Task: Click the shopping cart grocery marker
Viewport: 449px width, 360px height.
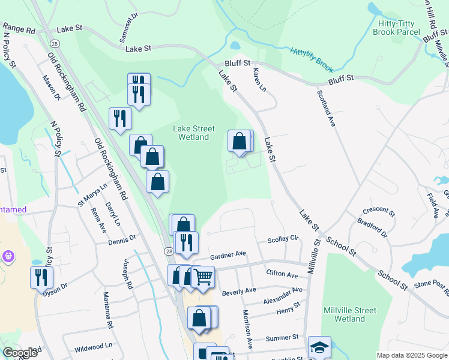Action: [x=203, y=277]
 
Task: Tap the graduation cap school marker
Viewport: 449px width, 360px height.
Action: [x=319, y=347]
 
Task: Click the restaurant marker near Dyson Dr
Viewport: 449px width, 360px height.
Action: [x=41, y=277]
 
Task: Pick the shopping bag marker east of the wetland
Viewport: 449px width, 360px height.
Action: [x=239, y=142]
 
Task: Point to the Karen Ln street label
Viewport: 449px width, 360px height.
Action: [x=259, y=79]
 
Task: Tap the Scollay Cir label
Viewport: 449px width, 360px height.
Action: [x=283, y=238]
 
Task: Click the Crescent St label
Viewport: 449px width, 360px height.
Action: [x=379, y=211]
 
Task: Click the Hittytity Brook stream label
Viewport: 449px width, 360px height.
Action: [x=311, y=57]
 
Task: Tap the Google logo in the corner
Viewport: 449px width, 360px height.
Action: [x=20, y=353]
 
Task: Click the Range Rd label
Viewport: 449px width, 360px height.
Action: [x=19, y=28]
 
